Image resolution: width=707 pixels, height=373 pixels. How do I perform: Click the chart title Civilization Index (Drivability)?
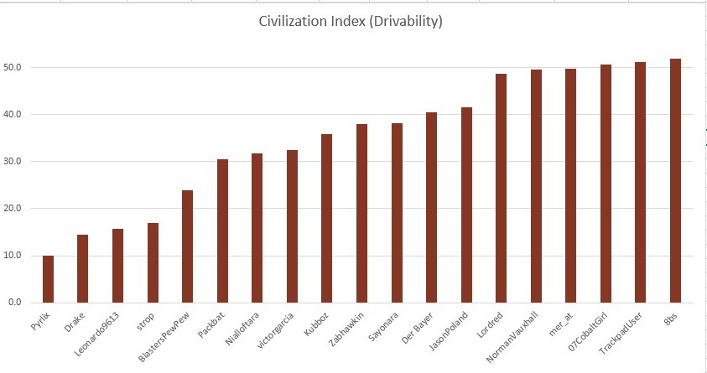(350, 21)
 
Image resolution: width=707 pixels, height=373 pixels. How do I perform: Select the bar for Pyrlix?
(48, 278)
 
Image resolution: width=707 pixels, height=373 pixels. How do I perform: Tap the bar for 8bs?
(675, 180)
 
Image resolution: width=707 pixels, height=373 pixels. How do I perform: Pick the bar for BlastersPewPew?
(188, 246)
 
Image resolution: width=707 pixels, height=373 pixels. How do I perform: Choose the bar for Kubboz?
(327, 218)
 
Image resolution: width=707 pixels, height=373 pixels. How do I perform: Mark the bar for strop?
(153, 262)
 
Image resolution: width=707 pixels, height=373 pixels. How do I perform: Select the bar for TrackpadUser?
(640, 182)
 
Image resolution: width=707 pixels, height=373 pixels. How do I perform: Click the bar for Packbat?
(222, 231)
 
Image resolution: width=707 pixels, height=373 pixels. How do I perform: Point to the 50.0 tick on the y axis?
(13, 67)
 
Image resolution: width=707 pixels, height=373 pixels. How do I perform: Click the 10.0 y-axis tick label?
(13, 256)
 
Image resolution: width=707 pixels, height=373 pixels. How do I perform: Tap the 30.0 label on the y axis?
(13, 162)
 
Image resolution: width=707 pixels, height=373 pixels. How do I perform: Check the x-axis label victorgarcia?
(278, 329)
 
